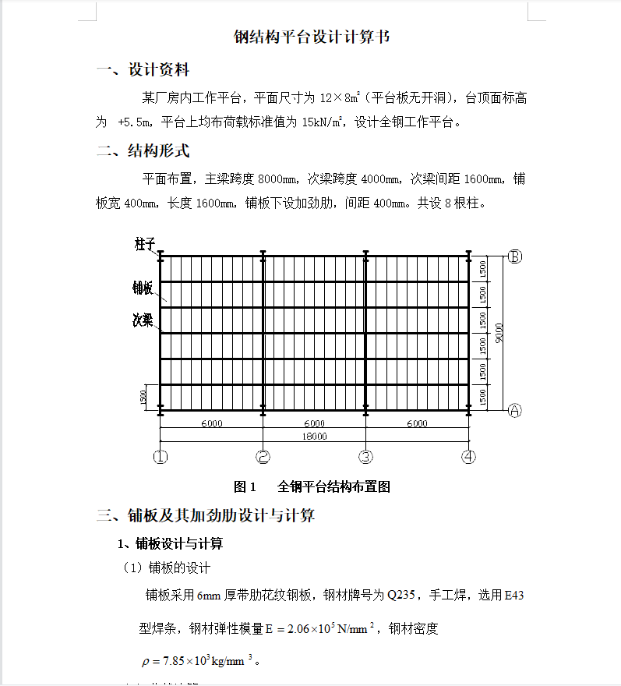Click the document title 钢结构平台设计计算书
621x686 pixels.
[312, 37]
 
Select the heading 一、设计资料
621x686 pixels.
[143, 70]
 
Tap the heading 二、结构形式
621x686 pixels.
[143, 150]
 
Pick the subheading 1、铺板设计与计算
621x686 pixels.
[169, 543]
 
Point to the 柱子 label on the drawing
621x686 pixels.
[144, 245]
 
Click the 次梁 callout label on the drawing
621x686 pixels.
[143, 320]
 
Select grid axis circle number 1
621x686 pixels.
[161, 457]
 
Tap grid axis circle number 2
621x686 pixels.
[263, 457]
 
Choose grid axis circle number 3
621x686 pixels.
[365, 457]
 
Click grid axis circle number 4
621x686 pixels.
[468, 457]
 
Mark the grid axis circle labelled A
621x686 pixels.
[514, 410]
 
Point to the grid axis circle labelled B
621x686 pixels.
[514, 256]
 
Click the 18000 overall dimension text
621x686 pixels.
[314, 437]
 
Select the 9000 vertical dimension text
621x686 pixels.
[499, 332]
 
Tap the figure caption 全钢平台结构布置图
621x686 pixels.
[333, 487]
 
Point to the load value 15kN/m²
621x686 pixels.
[324, 122]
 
